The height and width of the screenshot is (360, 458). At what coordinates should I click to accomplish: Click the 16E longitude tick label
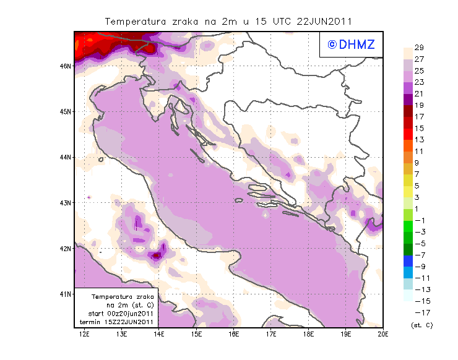(x=234, y=334)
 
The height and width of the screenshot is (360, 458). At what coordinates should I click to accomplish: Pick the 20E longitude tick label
(x=382, y=334)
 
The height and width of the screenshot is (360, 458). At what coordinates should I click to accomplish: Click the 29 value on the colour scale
(x=419, y=48)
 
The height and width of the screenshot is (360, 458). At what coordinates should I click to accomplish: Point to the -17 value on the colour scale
(x=419, y=312)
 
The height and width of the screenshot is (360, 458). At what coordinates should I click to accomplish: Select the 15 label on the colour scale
(x=419, y=128)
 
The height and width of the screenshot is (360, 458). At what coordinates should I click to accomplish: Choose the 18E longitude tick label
(x=308, y=334)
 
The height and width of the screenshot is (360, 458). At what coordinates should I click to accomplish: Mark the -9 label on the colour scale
(x=419, y=266)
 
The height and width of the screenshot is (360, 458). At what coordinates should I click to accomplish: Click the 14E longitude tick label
(x=159, y=334)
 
